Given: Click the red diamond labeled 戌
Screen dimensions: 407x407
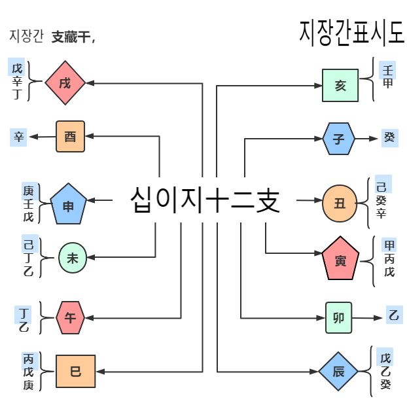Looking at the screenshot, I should (65, 83).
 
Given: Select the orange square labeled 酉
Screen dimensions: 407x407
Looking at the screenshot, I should (71, 136).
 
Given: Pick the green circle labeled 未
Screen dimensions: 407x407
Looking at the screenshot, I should (72, 258).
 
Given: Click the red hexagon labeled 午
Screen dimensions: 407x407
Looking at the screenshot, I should (70, 318).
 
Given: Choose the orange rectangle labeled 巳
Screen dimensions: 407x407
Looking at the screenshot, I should (75, 372).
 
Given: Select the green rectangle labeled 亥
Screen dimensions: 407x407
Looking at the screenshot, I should (340, 85).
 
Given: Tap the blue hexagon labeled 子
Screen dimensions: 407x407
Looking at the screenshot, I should (339, 139).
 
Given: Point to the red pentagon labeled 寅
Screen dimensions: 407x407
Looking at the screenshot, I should (340, 261).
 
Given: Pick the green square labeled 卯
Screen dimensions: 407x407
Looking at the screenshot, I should (339, 318).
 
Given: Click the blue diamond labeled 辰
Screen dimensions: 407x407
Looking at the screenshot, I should (338, 372).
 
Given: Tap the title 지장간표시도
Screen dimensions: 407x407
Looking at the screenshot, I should (351, 31).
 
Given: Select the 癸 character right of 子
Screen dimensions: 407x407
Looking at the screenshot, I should (389, 137).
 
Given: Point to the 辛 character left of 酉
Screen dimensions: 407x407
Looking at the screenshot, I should (18, 137).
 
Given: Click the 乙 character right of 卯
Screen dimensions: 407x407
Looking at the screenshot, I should (393, 317).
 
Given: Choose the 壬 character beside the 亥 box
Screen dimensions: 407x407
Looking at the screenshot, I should (388, 70).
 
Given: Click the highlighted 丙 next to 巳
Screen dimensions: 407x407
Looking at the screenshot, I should (29, 359).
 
